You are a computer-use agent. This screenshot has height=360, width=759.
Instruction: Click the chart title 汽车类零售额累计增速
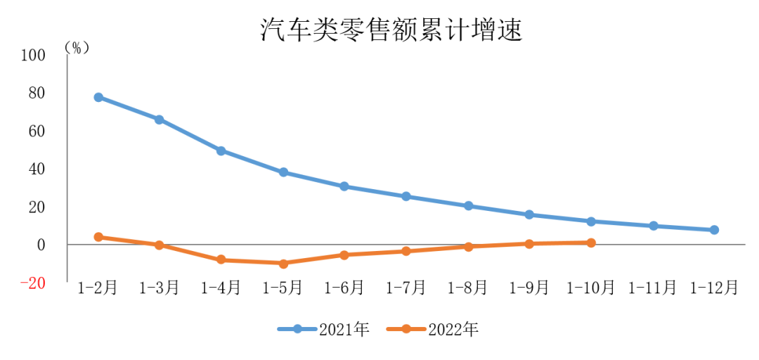click(x=391, y=30)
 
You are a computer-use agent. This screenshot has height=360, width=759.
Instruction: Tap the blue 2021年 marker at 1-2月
click(x=98, y=97)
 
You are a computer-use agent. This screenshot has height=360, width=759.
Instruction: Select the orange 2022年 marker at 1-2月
click(x=98, y=237)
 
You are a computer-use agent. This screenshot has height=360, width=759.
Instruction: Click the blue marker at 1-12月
click(x=714, y=230)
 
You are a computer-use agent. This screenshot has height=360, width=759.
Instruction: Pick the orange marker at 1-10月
click(x=591, y=243)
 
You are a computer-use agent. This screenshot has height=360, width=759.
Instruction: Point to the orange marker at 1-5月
click(x=283, y=264)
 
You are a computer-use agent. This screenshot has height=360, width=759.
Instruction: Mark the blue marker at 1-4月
click(x=221, y=150)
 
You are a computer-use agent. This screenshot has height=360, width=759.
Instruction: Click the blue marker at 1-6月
click(x=344, y=186)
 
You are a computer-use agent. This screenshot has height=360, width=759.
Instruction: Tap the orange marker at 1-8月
click(x=468, y=247)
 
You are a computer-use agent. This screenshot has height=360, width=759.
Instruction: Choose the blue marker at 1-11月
click(x=653, y=226)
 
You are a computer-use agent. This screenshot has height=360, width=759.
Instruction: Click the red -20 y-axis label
click(x=32, y=283)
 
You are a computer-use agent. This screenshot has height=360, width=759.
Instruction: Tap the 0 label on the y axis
click(x=41, y=245)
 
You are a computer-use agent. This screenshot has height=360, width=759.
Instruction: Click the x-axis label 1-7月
click(x=406, y=288)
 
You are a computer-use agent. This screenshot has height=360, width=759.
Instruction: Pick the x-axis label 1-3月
click(x=160, y=288)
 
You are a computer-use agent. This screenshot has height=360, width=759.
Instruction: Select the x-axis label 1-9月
click(x=529, y=288)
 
